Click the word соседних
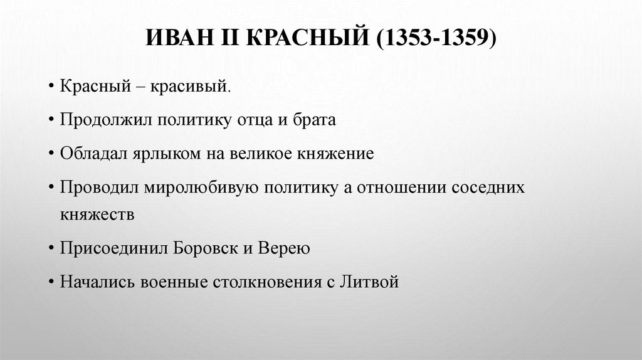490,188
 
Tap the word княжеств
97,214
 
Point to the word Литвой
370,282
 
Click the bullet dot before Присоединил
50,248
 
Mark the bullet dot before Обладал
50,155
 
